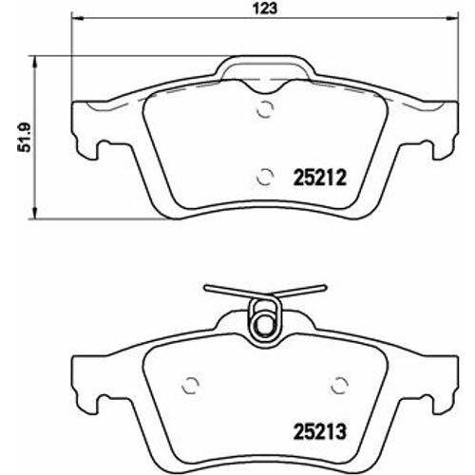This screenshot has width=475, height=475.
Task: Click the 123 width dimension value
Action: [264, 9]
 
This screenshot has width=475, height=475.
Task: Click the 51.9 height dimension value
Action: [24, 137]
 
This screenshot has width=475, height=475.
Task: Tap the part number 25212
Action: [320, 178]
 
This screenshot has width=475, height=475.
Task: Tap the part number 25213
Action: [320, 431]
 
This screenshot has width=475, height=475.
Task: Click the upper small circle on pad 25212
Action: [265, 109]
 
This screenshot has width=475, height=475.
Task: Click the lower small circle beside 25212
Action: [265, 177]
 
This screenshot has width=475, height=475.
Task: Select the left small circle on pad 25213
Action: [191, 386]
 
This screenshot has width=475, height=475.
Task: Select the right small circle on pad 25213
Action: [339, 386]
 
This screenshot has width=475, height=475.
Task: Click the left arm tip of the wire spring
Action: [207, 287]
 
